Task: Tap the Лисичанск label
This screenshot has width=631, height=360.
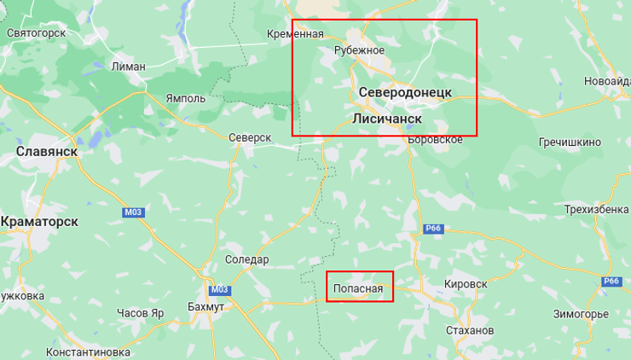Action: click(387, 119)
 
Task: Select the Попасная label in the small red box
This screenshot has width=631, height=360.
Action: click(359, 289)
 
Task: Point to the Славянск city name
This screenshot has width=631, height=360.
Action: click(47, 151)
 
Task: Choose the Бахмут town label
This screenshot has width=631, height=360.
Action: click(205, 307)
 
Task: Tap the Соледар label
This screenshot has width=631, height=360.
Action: click(246, 259)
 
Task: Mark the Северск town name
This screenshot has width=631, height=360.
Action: click(250, 137)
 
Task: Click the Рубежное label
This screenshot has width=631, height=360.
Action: click(358, 49)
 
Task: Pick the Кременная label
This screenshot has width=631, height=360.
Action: click(295, 34)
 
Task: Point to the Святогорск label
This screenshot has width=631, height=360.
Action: click(36, 33)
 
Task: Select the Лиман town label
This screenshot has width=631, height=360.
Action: click(128, 66)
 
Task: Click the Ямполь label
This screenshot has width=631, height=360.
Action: click(185, 98)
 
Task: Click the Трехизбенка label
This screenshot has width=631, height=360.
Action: click(596, 210)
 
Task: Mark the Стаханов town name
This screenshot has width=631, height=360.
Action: click(470, 330)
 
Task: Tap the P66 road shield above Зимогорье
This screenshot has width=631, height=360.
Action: click(611, 282)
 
